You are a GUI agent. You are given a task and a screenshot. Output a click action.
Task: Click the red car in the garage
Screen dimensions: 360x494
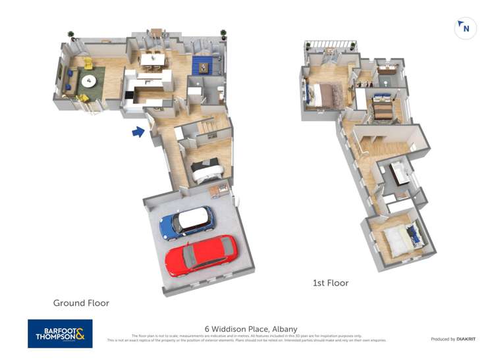click(x=201, y=255)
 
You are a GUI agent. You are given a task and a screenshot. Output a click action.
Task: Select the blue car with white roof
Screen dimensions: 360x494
click(x=188, y=222)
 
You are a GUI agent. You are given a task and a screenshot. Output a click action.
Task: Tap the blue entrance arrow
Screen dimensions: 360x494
click(x=138, y=132)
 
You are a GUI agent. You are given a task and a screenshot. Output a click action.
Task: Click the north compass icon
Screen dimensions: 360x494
click(x=465, y=28)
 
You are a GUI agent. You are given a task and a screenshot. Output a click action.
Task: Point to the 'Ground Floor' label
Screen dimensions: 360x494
click(x=81, y=303)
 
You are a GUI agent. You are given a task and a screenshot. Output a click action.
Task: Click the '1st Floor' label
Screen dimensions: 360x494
click(x=331, y=283)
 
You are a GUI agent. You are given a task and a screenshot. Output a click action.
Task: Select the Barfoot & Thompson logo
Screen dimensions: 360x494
click(x=60, y=334)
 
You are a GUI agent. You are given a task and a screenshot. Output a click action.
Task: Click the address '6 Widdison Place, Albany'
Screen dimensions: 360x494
click(x=251, y=329)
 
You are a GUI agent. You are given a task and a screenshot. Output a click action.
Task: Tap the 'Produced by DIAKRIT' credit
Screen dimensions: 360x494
click(x=453, y=339)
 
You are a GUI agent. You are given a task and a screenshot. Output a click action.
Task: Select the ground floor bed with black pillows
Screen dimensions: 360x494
click(x=207, y=170)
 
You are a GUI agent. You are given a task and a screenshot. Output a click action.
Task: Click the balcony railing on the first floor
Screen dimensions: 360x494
click(x=331, y=46)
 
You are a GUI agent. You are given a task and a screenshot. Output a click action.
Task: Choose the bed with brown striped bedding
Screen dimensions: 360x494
click(x=382, y=107)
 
